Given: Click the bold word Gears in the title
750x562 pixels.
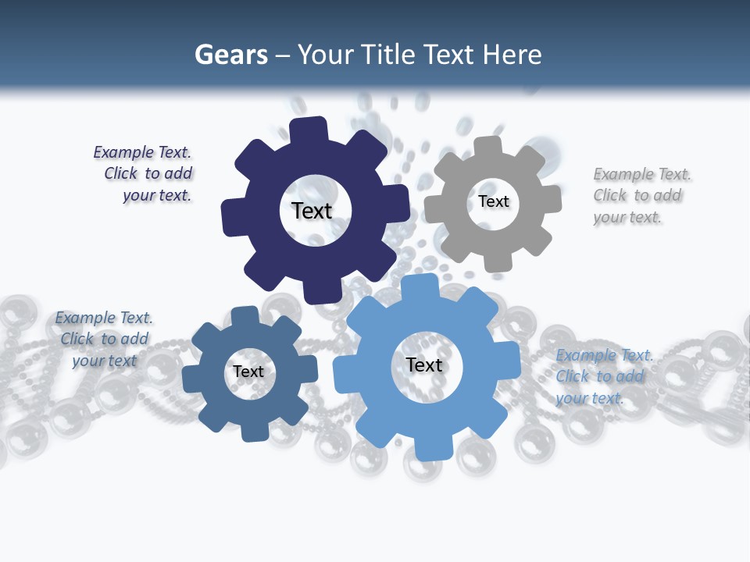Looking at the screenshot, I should [x=230, y=55].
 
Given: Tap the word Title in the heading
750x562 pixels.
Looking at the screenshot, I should [x=388, y=55].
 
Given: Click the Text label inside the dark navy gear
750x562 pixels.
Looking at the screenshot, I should [x=312, y=211].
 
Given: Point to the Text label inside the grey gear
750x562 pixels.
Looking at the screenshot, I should [x=494, y=201].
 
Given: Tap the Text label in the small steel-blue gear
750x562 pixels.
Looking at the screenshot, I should [x=248, y=372].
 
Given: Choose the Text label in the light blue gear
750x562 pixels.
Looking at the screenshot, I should [x=424, y=365].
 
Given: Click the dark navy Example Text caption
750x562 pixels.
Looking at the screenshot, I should [x=144, y=174].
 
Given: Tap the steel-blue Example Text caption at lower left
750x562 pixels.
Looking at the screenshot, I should [x=104, y=339].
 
